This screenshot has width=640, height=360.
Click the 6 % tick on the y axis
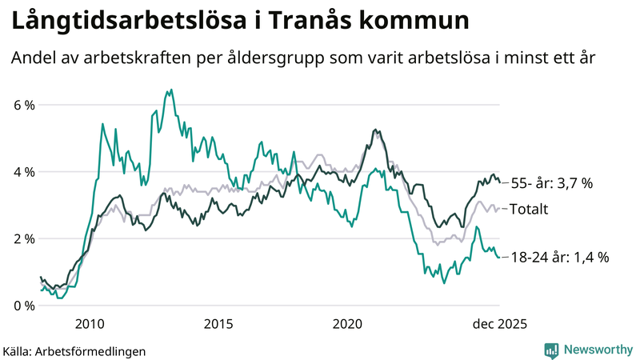click(21, 105)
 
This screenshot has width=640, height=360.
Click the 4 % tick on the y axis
click(21, 172)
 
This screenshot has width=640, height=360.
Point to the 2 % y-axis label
click(21, 238)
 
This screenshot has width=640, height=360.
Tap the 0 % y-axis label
click(21, 306)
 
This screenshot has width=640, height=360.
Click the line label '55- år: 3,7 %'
click(551, 183)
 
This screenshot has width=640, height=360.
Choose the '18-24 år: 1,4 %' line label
click(560, 257)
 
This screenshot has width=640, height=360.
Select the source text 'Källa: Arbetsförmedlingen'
click(74, 350)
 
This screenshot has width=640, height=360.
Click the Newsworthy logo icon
click(551, 350)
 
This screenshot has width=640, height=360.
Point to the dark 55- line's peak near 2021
click(375, 130)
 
